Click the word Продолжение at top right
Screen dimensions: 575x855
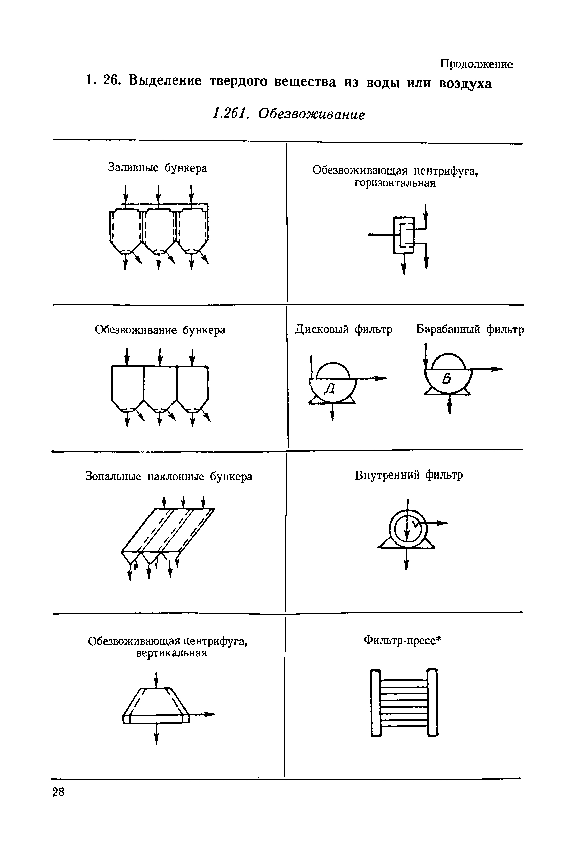[476, 64]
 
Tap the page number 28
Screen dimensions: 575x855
[58, 793]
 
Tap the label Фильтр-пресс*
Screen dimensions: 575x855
[402, 640]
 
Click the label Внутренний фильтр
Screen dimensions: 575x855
[409, 475]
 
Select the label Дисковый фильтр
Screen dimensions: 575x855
[344, 330]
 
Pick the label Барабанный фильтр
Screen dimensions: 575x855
[470, 330]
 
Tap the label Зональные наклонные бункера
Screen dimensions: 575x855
[169, 476]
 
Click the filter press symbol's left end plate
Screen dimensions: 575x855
[376, 702]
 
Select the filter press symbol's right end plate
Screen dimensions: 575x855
[433, 702]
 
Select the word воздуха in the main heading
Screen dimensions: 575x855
[466, 84]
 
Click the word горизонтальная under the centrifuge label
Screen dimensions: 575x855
[395, 183]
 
